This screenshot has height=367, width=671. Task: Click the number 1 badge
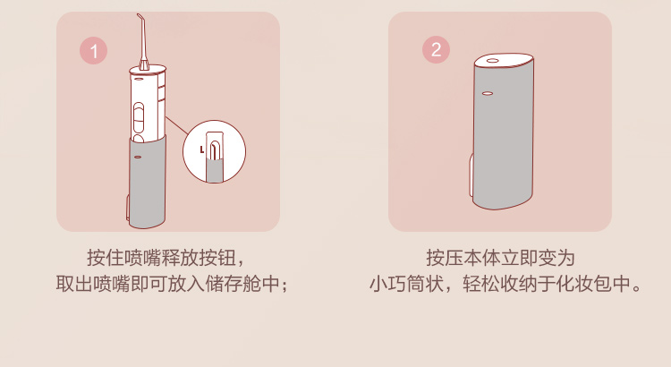coord(93,51)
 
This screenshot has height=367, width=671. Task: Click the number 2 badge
coord(436,49)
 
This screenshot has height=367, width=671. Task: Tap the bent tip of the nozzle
coord(140,17)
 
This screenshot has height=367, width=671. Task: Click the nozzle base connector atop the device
coord(143,64)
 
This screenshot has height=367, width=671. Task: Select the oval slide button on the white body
coord(139,118)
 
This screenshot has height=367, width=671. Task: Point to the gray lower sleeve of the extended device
coord(147,182)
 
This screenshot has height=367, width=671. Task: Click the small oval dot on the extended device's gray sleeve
coord(138,158)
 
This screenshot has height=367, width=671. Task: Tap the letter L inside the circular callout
coord(202,149)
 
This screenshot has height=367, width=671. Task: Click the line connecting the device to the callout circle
coord(177,125)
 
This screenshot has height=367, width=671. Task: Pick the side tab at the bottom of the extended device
coord(128,209)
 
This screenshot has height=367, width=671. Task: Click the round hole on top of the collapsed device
coord(492,60)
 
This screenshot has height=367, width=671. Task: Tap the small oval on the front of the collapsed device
coord(488,93)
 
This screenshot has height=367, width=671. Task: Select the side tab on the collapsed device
coord(471,175)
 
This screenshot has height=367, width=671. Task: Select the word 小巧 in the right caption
coord(388,284)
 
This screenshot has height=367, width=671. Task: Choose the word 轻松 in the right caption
coord(481,284)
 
